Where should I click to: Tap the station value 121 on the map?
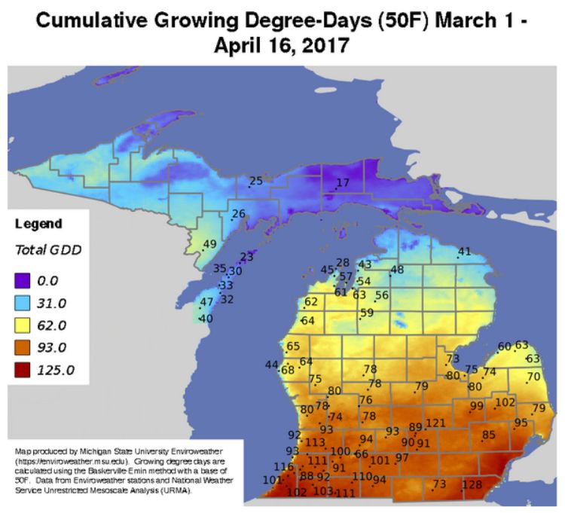(436, 423)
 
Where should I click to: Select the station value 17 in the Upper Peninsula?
(343, 183)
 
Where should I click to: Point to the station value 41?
(465, 252)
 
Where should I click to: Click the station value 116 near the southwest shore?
(283, 467)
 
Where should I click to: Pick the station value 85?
(489, 435)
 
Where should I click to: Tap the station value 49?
(210, 243)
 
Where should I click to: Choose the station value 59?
(367, 313)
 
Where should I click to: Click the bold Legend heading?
(38, 224)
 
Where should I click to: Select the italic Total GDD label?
(48, 249)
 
